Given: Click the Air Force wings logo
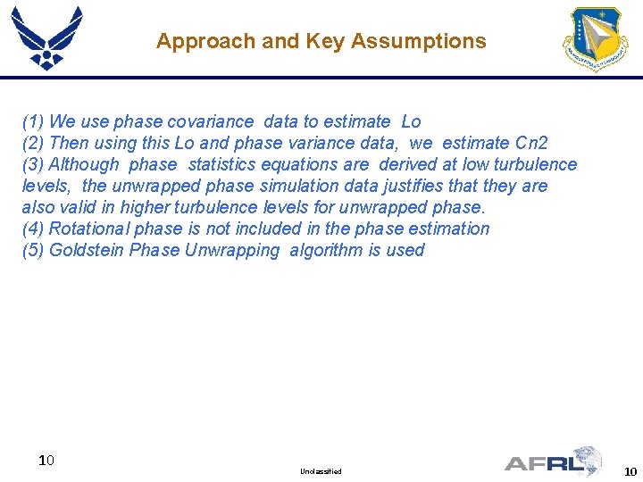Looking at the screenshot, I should [x=46, y=37].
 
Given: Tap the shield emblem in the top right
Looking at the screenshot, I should [x=595, y=39].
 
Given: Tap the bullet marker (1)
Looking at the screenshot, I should [x=33, y=121].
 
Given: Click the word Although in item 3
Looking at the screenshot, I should [x=83, y=164].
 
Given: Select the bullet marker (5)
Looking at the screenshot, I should [x=33, y=250].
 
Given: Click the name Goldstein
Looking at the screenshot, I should [x=87, y=250].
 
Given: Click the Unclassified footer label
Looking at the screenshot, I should [x=321, y=471].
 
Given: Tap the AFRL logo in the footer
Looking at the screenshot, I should [x=554, y=461].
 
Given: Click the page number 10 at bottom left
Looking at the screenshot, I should [x=47, y=461].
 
